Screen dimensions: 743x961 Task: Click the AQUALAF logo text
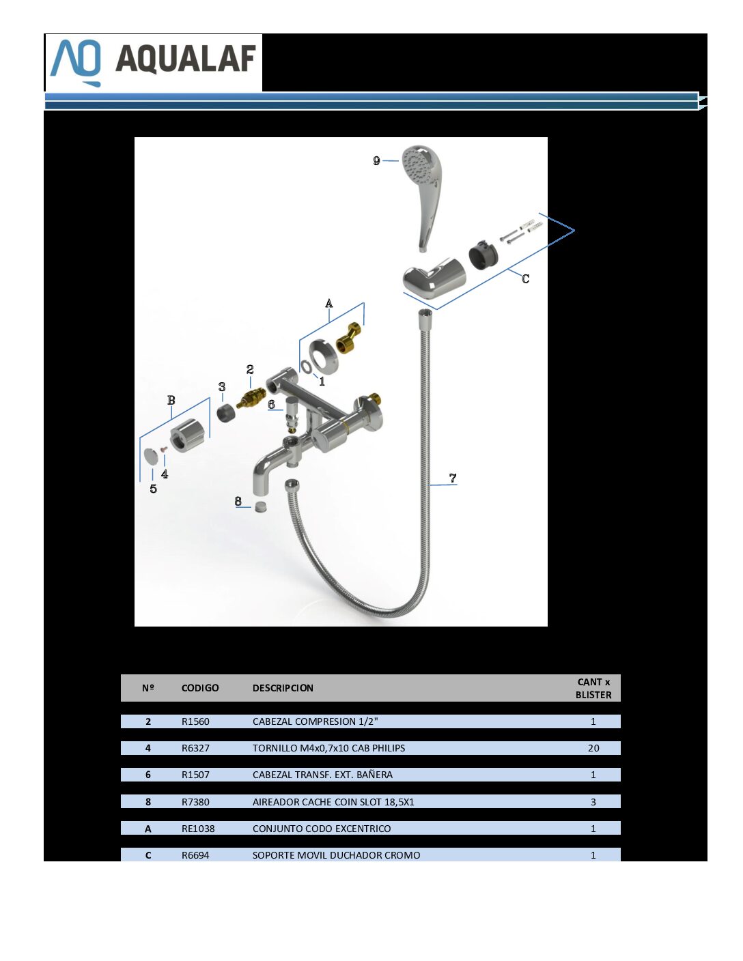(186, 59)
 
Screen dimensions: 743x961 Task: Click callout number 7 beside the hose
(452, 478)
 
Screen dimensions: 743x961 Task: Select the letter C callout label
(525, 278)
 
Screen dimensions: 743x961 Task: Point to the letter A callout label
(328, 303)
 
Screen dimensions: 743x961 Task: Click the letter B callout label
(171, 400)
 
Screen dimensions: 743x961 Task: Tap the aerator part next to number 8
(262, 507)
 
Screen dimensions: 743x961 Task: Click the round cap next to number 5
(152, 456)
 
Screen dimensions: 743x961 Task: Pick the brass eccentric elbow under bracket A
(349, 339)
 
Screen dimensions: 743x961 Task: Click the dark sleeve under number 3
(226, 414)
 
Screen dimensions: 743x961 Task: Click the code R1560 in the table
(195, 721)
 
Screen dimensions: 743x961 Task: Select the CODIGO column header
(200, 688)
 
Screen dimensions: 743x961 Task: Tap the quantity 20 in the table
(593, 748)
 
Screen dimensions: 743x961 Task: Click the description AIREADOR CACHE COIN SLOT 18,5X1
(333, 802)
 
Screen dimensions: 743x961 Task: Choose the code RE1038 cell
(198, 829)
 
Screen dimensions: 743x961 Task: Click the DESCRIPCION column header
(283, 688)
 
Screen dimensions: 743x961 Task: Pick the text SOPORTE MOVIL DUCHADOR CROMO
(336, 855)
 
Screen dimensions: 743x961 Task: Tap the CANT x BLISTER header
(593, 688)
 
